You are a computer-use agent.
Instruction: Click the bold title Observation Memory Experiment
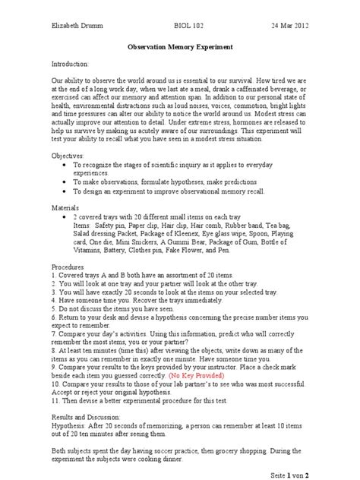click(179, 47)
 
